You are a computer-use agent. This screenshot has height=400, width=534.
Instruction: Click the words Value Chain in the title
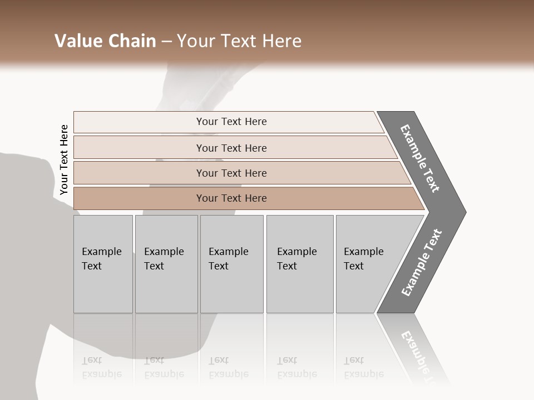point(105,41)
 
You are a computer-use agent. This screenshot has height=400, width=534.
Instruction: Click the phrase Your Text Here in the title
point(239,41)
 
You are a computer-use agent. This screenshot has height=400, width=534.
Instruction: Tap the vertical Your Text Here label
point(64,159)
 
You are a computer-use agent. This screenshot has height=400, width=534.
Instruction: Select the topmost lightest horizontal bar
point(139,122)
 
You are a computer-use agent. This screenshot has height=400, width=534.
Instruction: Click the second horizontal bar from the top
point(139,148)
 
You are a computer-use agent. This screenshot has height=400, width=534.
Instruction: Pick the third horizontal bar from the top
point(139,173)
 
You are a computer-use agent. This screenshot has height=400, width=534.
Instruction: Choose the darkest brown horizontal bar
point(139,198)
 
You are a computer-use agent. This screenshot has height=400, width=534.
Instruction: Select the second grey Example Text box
point(166,264)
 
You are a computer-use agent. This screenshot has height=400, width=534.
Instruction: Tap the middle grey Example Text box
point(231,264)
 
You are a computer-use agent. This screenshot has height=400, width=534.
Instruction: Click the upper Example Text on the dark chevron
point(420,158)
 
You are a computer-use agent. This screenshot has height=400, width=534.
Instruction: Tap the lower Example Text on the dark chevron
point(421,262)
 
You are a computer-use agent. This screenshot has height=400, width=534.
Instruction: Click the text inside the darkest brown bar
point(231,198)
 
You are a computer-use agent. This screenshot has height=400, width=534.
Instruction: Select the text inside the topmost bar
point(231,122)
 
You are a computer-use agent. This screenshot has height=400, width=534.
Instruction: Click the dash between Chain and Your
point(166,42)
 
